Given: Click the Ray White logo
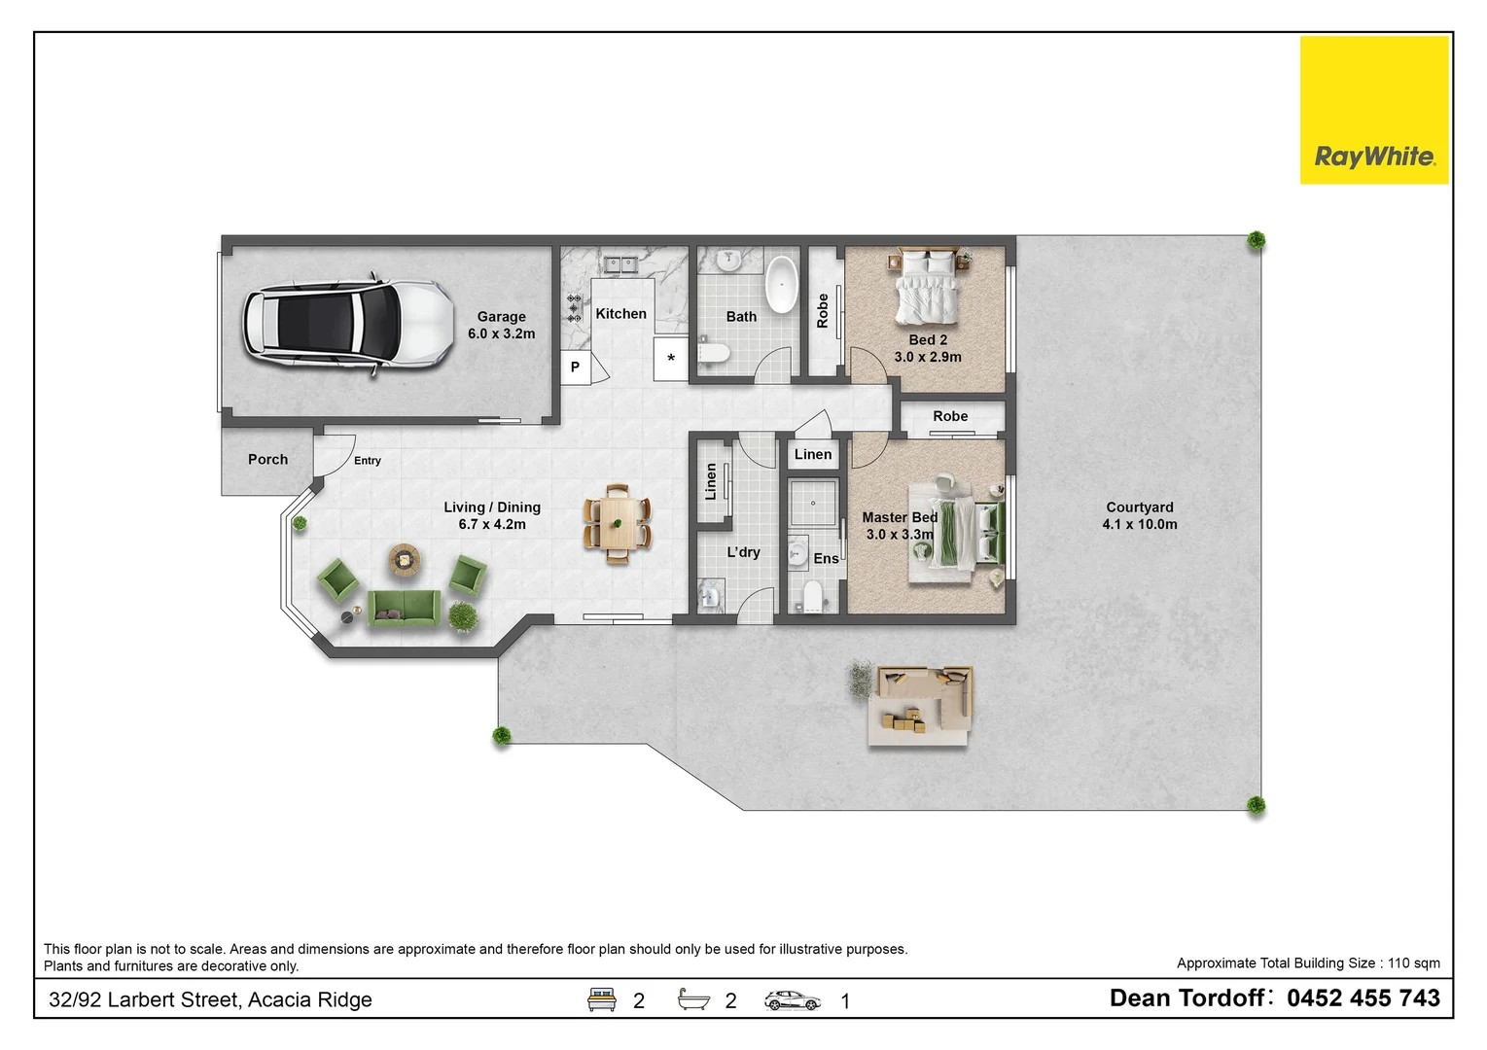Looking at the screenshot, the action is (x=1374, y=110).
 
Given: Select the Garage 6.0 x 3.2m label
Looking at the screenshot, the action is (x=501, y=326).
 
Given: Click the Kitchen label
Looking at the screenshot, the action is (x=620, y=313).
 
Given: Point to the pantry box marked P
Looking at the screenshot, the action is (x=576, y=367).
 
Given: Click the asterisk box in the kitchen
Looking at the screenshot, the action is (x=670, y=359).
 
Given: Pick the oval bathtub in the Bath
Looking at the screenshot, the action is (x=781, y=284).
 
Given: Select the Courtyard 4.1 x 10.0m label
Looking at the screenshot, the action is (x=1139, y=515).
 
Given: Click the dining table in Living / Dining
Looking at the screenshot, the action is (x=618, y=524).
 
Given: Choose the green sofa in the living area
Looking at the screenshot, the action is (x=404, y=608).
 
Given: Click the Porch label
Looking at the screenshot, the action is (x=267, y=459).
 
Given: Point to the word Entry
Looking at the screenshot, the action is (x=367, y=461).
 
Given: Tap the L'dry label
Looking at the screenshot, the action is (x=743, y=552).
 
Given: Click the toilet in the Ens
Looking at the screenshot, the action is (x=812, y=595).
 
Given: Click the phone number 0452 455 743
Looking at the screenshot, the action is (x=1363, y=998).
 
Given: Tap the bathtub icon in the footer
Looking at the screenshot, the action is (x=693, y=999).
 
